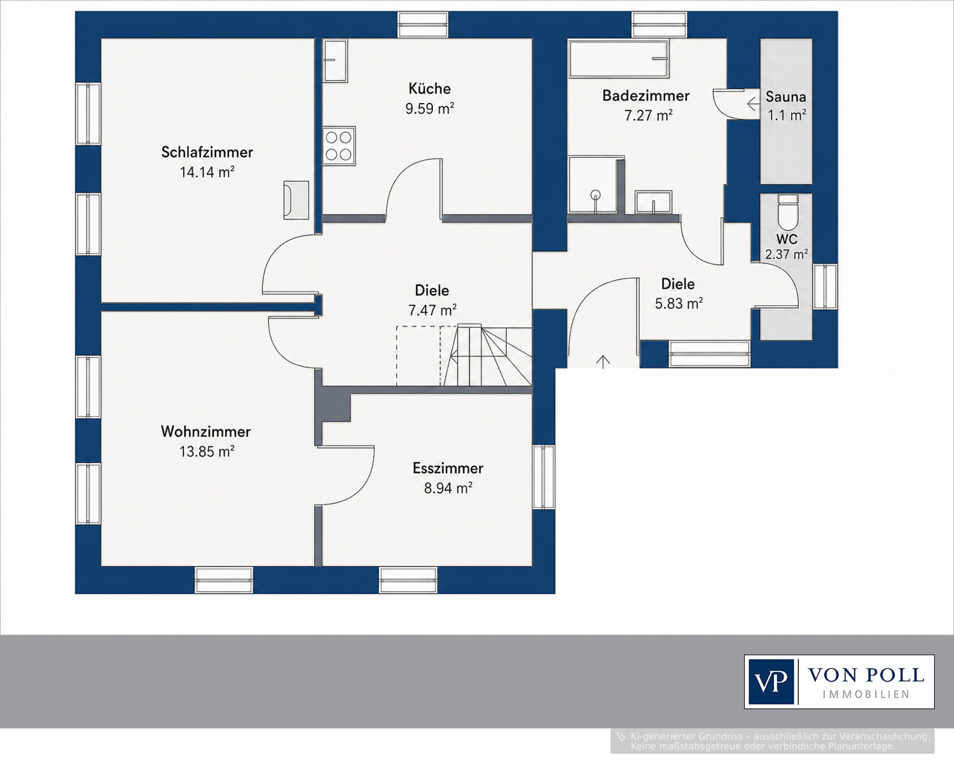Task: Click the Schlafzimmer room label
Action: pyautogui.click(x=207, y=152)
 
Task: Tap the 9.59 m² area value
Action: pyautogui.click(x=430, y=109)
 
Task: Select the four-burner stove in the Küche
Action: pyautogui.click(x=339, y=146)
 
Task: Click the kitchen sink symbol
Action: pyautogui.click(x=335, y=61)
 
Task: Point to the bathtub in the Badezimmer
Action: pyautogui.click(x=619, y=58)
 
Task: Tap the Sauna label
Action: pyautogui.click(x=785, y=97)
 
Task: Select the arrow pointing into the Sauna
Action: pyautogui.click(x=754, y=104)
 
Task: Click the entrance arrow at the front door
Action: pyautogui.click(x=604, y=361)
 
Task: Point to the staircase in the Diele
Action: pyautogui.click(x=487, y=356)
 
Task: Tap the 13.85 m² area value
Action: pyautogui.click(x=207, y=451)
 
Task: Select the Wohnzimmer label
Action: pyautogui.click(x=205, y=432)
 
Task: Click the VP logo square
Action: pyautogui.click(x=771, y=681)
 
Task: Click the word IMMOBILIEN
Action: pyautogui.click(x=866, y=694)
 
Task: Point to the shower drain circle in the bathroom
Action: pyautogui.click(x=595, y=195)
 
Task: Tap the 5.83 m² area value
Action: pyautogui.click(x=679, y=304)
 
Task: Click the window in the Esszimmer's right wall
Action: pyautogui.click(x=544, y=477)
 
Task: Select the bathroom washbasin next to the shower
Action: pyautogui.click(x=654, y=202)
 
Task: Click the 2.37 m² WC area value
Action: pyautogui.click(x=787, y=255)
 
